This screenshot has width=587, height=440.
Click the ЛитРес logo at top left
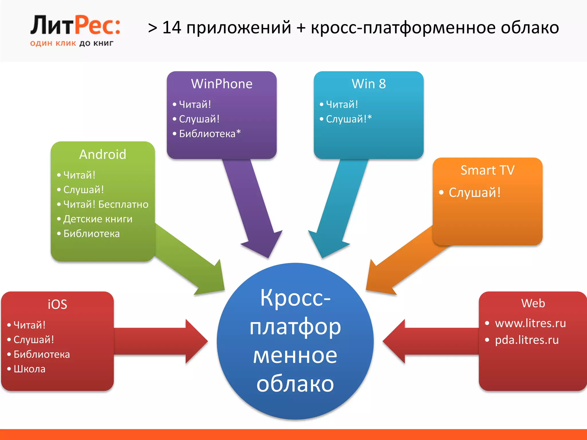point(75,26)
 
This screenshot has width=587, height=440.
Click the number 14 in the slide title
point(172,27)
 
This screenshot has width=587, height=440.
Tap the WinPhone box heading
point(222,84)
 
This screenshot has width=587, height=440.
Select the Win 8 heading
point(369,84)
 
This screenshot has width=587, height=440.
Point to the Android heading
point(103,154)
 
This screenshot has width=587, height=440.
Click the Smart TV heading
point(487,170)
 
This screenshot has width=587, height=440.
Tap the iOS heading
point(57,304)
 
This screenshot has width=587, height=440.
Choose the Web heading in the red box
point(533,303)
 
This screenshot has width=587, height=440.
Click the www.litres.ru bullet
point(530,323)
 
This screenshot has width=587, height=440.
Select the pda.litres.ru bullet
point(527,340)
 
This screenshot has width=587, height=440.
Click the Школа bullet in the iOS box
point(30,369)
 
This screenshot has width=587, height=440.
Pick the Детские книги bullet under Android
point(98,219)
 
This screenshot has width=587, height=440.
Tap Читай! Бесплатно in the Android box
point(106,204)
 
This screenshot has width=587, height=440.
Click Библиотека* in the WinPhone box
point(210,133)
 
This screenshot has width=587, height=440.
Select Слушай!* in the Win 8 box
point(349,119)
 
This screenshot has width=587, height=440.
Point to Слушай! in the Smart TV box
point(474,192)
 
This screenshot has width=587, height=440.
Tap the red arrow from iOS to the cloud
point(161,341)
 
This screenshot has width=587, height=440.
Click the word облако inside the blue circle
point(295,384)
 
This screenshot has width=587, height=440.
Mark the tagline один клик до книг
point(72,44)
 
